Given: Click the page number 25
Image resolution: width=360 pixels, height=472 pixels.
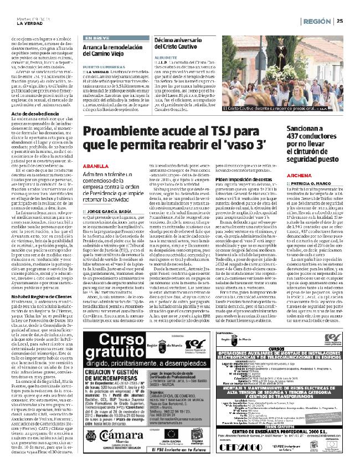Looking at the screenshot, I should (x=339, y=22).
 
